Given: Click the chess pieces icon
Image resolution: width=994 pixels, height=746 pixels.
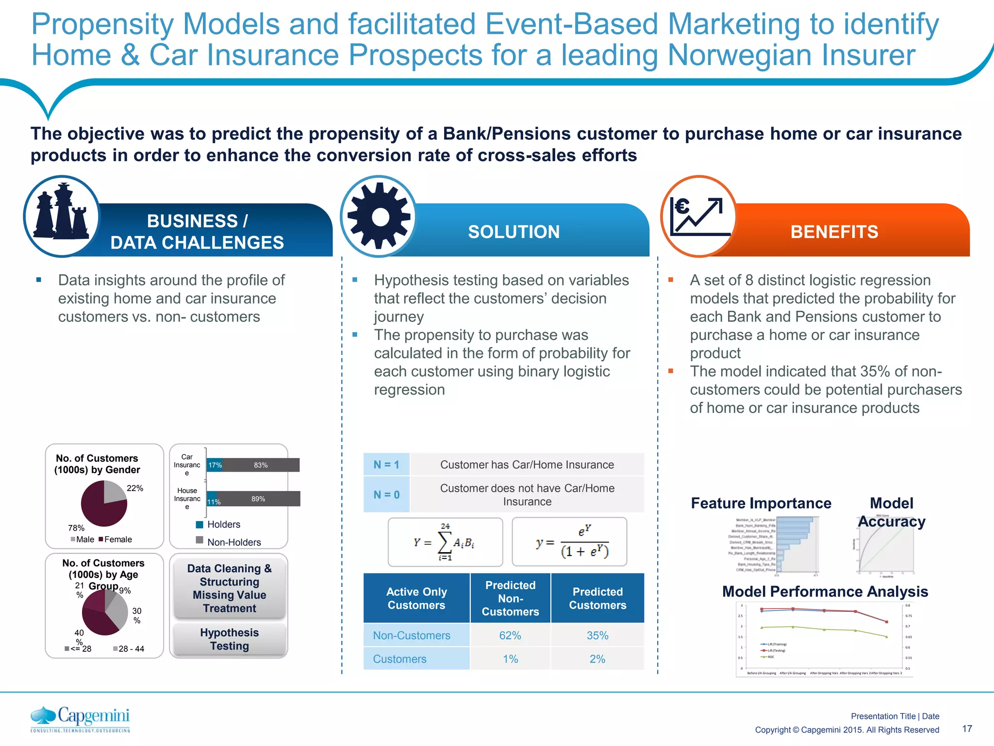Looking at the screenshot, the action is point(62,216).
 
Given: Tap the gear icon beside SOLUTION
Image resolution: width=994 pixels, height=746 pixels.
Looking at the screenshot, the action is point(379,217).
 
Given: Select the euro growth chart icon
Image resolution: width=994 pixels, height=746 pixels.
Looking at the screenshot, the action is point(698,217).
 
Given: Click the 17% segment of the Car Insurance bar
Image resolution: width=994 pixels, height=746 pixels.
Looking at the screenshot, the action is point(215,465).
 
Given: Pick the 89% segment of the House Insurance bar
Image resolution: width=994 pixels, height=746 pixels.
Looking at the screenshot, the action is point(259,499).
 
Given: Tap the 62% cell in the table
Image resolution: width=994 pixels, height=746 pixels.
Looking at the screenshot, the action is point(510,635).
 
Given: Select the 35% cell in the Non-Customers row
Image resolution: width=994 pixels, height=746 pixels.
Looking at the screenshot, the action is point(597,635).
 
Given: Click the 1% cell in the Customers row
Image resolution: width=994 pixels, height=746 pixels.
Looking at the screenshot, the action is point(510,659).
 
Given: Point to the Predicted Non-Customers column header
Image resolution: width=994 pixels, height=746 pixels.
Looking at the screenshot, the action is point(510,598).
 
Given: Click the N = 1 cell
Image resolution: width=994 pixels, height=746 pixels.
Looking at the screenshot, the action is point(386,465).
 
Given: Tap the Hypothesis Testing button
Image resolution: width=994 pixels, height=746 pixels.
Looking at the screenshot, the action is point(230,639).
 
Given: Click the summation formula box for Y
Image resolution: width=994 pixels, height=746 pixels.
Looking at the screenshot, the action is point(445,542).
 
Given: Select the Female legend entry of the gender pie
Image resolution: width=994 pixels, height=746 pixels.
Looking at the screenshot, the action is point(115,540).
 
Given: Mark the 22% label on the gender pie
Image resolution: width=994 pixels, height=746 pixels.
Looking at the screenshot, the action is point(135,488).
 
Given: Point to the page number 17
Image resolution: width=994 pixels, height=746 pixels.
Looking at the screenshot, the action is point(967,729).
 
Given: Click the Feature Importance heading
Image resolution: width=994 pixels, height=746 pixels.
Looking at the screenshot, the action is point(761,503).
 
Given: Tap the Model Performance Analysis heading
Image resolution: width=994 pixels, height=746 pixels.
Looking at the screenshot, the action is point(825,592).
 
